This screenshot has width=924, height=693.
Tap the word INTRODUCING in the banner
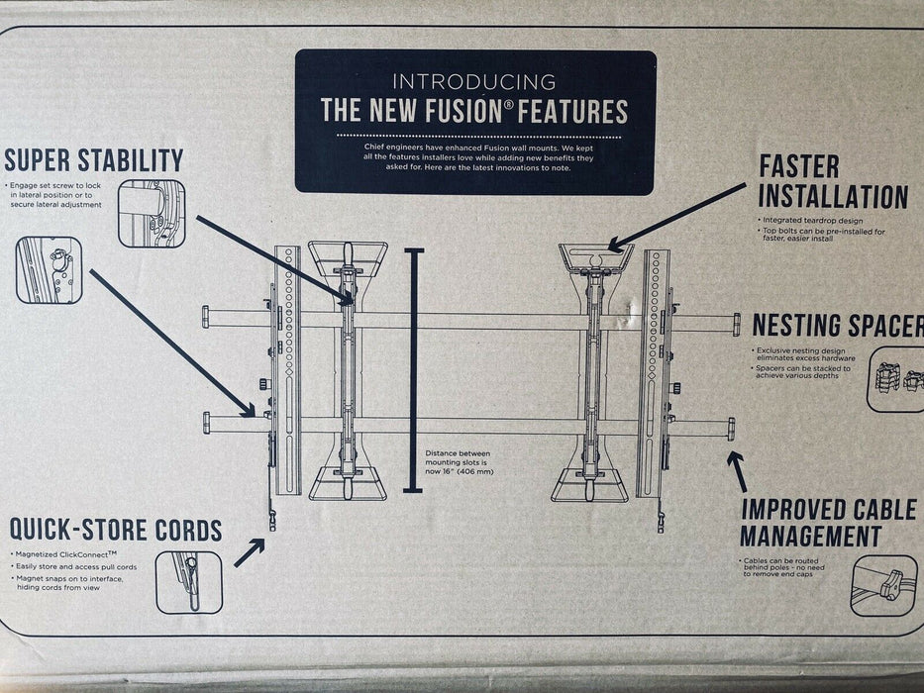click(x=474, y=82)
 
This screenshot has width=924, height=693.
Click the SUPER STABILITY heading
click(x=94, y=160)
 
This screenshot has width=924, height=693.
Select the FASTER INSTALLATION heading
click(x=833, y=181)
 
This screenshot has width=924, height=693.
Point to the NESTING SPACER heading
click(x=838, y=326)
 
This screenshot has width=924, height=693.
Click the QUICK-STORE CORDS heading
click(x=116, y=529)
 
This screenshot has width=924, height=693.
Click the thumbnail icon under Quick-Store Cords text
click(x=188, y=583)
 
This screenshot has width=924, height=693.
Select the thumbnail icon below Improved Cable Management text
click(x=883, y=585)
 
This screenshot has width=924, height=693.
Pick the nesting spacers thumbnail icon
click(x=896, y=378)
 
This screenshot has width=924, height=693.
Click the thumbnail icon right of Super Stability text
click(x=152, y=213)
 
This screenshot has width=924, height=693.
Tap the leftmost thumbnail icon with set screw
click(x=49, y=269)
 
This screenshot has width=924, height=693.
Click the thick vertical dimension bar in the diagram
click(x=415, y=371)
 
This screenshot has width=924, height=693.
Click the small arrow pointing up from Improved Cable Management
click(x=738, y=470)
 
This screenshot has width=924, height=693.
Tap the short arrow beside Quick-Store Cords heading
click(x=250, y=552)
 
